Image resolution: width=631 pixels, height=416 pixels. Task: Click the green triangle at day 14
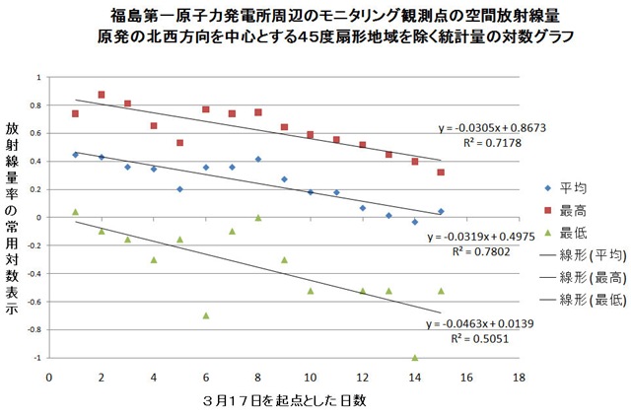(x=414, y=357)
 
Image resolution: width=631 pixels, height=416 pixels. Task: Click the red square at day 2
(x=102, y=95)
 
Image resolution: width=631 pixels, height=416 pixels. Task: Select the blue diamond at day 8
(x=257, y=159)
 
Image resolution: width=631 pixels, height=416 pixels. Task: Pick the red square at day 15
(x=441, y=172)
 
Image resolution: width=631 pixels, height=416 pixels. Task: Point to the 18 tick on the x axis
(x=519, y=376)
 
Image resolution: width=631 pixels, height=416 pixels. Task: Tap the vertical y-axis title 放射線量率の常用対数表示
(x=12, y=206)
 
